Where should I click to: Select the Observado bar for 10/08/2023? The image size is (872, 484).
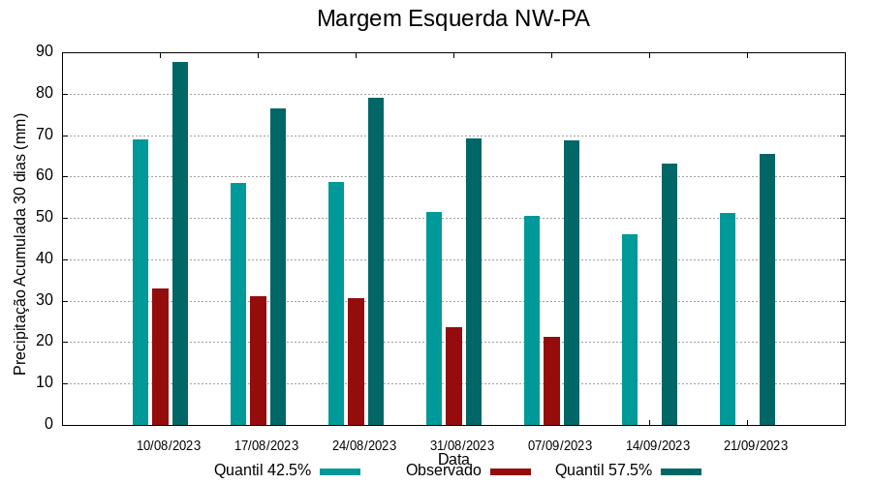(160, 356)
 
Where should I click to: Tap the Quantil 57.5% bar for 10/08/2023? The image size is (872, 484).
(180, 243)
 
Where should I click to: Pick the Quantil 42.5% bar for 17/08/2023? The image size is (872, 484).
(238, 304)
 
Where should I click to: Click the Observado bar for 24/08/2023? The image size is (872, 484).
(356, 361)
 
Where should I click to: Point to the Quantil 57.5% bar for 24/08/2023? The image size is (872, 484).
(376, 261)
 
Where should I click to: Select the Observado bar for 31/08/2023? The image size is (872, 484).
(453, 376)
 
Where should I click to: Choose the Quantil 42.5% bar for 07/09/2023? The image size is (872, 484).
(532, 320)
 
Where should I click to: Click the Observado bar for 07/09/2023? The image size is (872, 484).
(551, 380)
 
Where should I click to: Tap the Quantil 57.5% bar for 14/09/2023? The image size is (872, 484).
(670, 294)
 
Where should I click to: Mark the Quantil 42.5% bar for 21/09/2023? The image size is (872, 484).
(728, 318)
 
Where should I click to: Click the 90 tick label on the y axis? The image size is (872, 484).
(45, 52)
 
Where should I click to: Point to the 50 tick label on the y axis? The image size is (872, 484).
(45, 218)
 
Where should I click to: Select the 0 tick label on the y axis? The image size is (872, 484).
(48, 424)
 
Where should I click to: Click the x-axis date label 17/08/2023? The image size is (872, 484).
(266, 445)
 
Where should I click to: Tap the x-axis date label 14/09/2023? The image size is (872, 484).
(658, 445)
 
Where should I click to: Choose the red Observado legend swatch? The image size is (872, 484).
(511, 471)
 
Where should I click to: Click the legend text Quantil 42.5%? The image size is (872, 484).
(263, 470)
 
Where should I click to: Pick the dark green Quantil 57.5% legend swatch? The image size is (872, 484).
(681, 471)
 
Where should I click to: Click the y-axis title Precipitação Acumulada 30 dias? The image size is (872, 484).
(20, 244)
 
